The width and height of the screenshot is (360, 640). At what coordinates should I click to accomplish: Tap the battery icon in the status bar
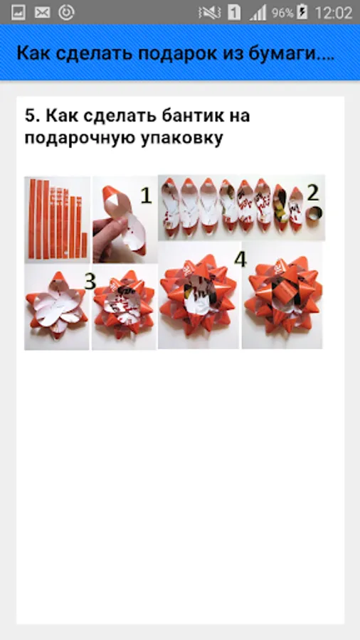(302, 12)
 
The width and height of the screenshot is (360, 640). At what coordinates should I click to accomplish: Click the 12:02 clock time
(333, 13)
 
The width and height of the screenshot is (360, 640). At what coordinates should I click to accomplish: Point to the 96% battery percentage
(282, 13)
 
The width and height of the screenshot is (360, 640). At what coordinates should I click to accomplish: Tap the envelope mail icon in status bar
(42, 13)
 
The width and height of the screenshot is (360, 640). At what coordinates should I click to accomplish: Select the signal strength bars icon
(258, 13)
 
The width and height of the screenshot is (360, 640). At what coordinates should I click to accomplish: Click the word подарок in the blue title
(176, 53)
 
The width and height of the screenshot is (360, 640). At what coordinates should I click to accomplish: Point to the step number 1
(146, 196)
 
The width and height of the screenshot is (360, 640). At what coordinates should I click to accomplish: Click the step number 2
(312, 193)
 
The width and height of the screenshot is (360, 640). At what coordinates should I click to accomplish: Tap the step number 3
(90, 282)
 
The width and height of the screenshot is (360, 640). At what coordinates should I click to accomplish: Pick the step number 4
(240, 260)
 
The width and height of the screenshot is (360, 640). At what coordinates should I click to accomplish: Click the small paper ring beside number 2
(314, 213)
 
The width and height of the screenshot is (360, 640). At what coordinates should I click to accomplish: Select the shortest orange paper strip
(84, 245)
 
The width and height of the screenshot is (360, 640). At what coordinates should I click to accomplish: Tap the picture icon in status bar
(18, 13)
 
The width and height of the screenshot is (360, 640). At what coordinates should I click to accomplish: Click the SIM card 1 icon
(234, 13)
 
